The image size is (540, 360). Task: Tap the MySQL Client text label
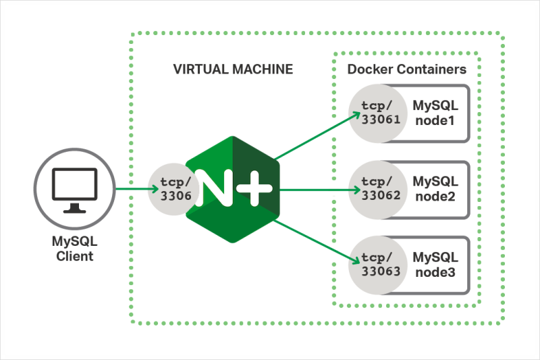click(x=75, y=249)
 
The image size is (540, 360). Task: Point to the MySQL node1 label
click(x=435, y=113)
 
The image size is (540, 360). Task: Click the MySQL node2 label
click(x=435, y=189)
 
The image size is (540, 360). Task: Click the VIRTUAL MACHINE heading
click(x=233, y=69)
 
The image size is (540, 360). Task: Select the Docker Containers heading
click(x=406, y=69)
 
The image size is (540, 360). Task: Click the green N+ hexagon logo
click(x=234, y=189)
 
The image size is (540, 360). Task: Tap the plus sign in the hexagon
click(x=255, y=190)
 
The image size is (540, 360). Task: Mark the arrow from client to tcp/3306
click(x=132, y=190)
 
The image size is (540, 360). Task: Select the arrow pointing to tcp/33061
click(x=317, y=136)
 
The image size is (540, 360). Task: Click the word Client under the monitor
click(x=75, y=256)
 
